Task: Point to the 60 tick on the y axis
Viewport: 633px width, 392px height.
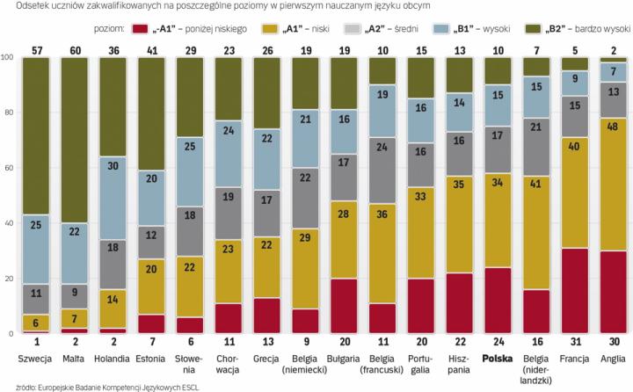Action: (8, 168)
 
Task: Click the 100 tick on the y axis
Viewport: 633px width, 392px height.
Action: (8, 57)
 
